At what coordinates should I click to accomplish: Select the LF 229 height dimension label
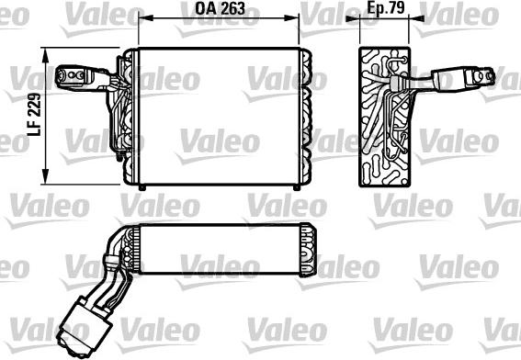tap(35, 116)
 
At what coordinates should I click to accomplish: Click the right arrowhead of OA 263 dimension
tap(295, 17)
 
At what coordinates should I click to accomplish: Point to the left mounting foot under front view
tap(141, 187)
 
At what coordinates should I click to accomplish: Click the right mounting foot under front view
tap(294, 187)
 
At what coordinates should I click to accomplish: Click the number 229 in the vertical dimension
tap(35, 106)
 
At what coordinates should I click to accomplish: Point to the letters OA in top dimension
tap(204, 9)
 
